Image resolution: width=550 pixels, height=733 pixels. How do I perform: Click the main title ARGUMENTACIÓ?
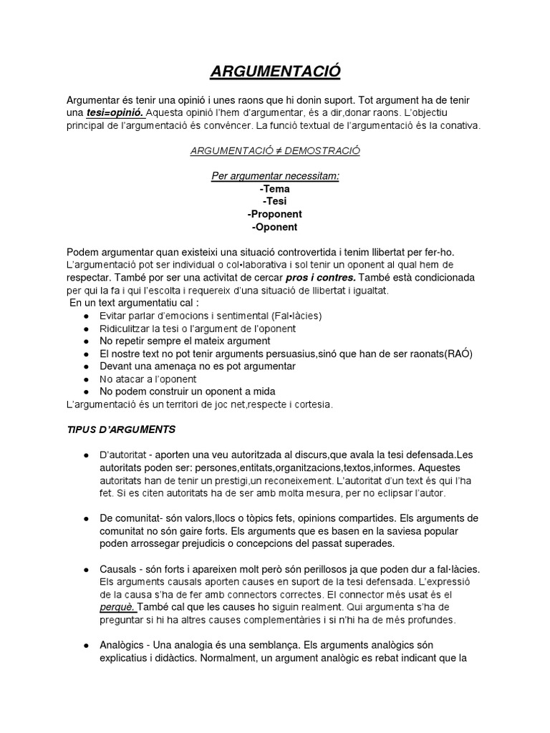coord(275,72)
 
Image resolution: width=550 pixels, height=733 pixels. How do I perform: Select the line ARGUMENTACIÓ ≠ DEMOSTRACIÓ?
coord(275,151)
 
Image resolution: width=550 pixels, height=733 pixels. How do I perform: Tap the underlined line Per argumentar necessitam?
coord(275,176)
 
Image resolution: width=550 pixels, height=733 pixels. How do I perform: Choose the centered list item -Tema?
coord(275,189)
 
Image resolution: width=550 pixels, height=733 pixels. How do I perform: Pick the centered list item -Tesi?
coord(275,202)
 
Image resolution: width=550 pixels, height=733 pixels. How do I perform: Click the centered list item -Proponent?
coord(275,215)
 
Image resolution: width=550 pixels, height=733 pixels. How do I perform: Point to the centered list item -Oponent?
coord(275,228)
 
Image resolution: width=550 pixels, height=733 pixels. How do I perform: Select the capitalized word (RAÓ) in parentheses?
coord(458,354)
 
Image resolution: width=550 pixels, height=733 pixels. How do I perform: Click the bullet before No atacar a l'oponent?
coord(86,379)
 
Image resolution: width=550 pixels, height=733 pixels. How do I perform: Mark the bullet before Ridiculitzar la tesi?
coord(86,329)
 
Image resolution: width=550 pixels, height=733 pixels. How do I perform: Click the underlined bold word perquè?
coord(118,608)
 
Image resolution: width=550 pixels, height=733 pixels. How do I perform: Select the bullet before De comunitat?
coord(86,518)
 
